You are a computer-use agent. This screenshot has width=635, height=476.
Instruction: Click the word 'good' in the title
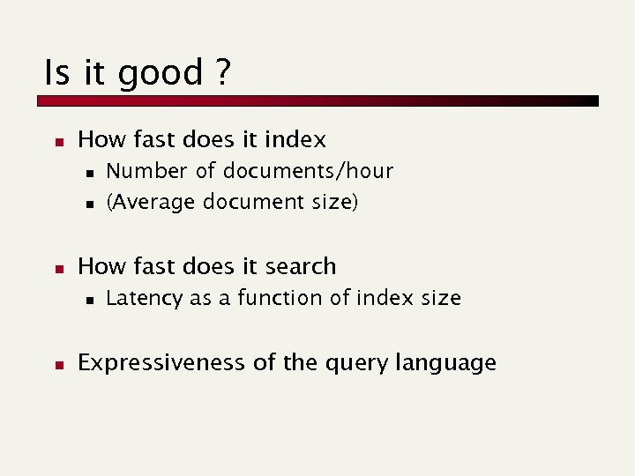pyautogui.click(x=161, y=73)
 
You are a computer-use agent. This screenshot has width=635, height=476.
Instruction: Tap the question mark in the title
pyautogui.click(x=221, y=72)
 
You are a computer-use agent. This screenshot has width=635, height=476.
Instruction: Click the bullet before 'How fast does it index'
pyautogui.click(x=56, y=141)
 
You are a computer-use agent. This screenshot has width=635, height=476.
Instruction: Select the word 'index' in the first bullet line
pyautogui.click(x=296, y=139)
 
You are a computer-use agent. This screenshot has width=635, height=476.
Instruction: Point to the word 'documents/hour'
pyautogui.click(x=308, y=171)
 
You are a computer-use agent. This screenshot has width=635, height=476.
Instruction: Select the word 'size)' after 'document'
pyautogui.click(x=334, y=202)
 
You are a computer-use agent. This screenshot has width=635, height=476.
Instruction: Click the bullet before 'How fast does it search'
pyautogui.click(x=56, y=268)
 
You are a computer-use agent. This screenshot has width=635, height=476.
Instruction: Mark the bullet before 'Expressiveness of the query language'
pyautogui.click(x=56, y=364)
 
